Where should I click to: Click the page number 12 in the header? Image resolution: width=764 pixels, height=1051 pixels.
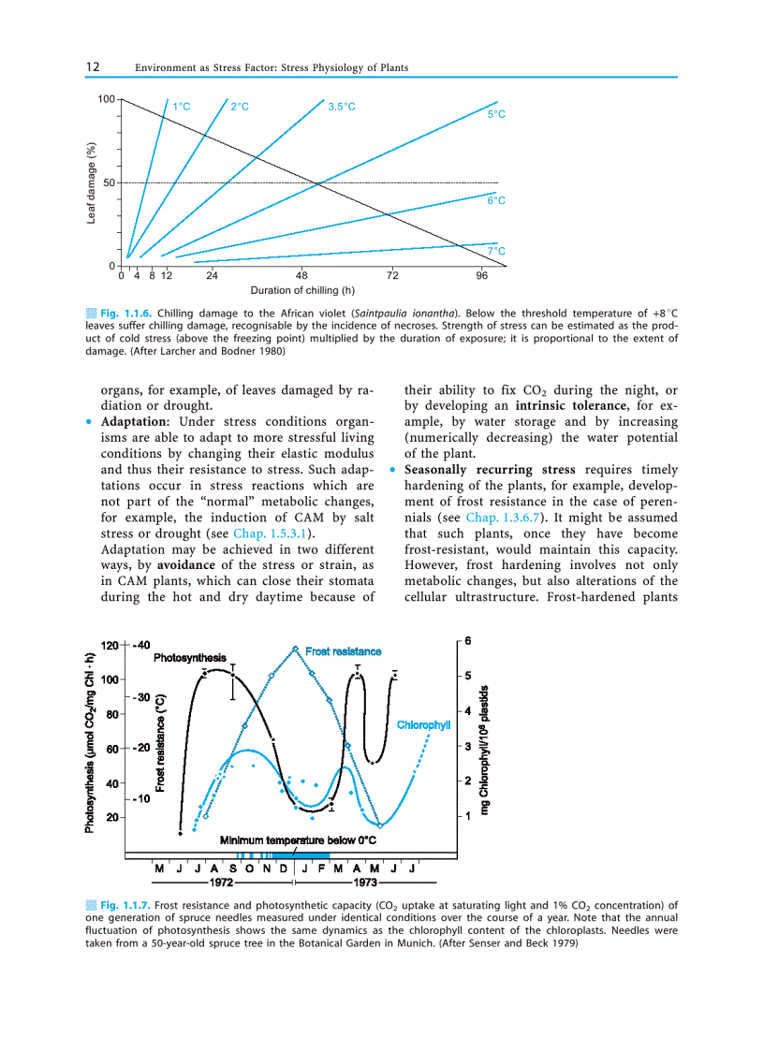click(x=94, y=67)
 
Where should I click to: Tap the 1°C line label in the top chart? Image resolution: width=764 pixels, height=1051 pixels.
click(x=182, y=107)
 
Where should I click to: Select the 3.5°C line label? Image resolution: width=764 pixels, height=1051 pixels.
click(x=342, y=107)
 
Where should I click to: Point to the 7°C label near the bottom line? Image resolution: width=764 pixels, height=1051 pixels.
click(x=496, y=251)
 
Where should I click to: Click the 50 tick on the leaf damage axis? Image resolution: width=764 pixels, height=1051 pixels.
click(x=109, y=182)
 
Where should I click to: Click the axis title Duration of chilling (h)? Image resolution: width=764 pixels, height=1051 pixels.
click(x=302, y=291)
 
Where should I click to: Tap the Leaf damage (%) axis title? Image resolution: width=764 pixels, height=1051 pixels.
click(x=92, y=182)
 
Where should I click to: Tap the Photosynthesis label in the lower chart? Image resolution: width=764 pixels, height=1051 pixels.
click(x=189, y=658)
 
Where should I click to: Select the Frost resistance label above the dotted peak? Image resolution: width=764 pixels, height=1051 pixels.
click(x=344, y=651)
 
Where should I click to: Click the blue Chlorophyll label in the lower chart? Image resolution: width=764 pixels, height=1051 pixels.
click(x=424, y=725)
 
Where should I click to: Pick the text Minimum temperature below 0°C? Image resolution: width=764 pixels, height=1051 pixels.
click(x=298, y=840)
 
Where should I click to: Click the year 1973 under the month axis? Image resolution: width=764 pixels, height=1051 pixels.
click(x=364, y=883)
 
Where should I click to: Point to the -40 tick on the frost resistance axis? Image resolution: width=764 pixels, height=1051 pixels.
click(x=142, y=646)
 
